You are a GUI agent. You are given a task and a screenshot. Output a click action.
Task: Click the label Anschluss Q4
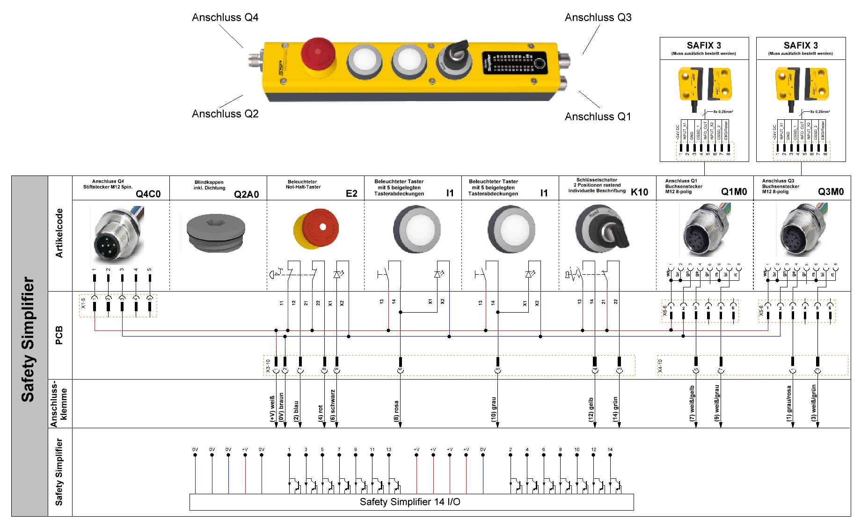tap(225, 17)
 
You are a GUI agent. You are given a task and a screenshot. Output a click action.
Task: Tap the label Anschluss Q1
tap(598, 117)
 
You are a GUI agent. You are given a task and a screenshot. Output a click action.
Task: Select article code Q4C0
tap(148, 194)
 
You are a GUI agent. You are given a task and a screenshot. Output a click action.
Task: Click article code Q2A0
tap(246, 194)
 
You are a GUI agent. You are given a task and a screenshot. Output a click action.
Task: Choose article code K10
tap(639, 192)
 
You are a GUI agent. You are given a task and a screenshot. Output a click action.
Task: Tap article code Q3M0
tap(831, 191)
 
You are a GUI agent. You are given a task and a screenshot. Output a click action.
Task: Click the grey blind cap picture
tap(215, 233)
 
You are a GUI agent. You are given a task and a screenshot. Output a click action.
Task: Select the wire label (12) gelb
tap(591, 410)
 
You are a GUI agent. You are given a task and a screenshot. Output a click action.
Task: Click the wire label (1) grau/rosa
tap(788, 403)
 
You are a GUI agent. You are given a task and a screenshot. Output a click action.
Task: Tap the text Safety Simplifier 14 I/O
tap(410, 502)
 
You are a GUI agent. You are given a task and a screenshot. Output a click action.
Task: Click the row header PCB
tap(59, 335)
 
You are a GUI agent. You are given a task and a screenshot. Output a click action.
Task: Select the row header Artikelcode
tap(59, 233)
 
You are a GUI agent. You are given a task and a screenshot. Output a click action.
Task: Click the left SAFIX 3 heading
tap(704, 45)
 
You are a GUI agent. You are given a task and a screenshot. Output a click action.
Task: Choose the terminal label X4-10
tap(660, 366)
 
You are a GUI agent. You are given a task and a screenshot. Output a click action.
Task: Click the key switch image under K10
tap(603, 229)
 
